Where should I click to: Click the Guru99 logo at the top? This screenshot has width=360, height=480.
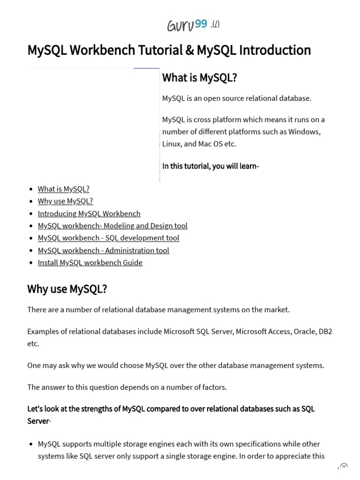click(187, 25)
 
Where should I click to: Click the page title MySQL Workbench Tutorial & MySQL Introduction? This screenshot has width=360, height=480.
click(169, 50)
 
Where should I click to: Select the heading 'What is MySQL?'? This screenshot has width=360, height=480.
click(199, 78)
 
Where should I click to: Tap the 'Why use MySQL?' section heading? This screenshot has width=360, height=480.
click(67, 289)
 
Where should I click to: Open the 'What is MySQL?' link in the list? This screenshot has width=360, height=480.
click(63, 189)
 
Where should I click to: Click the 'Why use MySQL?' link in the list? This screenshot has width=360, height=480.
click(65, 201)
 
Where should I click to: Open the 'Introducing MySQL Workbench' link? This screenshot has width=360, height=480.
click(89, 213)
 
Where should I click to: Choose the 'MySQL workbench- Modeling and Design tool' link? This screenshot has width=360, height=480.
click(112, 225)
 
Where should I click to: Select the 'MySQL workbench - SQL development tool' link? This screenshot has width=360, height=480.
click(108, 238)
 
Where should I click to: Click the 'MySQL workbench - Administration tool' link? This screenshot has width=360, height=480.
click(103, 250)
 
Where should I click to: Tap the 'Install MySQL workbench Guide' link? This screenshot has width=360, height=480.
click(90, 262)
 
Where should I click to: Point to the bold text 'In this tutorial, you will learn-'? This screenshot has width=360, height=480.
click(210, 166)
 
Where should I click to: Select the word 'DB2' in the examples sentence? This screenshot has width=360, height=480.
click(325, 331)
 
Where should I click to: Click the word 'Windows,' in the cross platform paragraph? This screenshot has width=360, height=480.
click(305, 132)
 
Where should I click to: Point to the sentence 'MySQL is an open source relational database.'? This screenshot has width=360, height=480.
click(236, 98)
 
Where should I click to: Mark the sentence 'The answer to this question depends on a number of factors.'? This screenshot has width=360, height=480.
click(127, 387)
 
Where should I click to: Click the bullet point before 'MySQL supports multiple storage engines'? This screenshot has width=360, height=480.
click(31, 444)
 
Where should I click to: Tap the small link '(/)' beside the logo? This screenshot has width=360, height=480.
click(215, 24)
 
